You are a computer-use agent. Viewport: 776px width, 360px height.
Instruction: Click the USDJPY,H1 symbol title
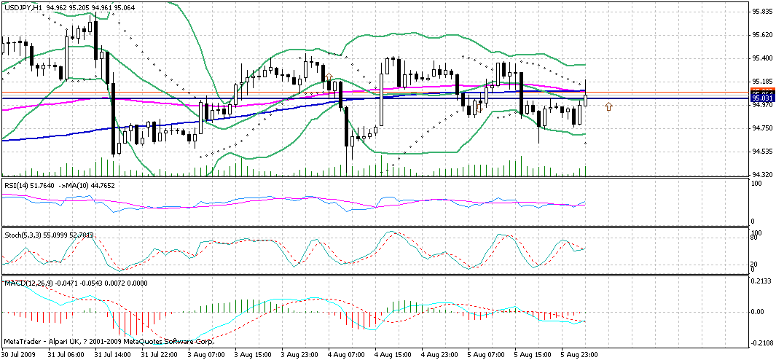tap(23, 7)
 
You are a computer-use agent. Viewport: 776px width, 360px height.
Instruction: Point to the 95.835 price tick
tap(762, 12)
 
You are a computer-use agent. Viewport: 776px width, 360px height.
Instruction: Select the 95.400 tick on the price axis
tap(762, 58)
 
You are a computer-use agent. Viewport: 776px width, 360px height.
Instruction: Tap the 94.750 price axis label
tap(762, 128)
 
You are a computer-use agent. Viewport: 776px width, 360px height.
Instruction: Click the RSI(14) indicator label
tap(19, 187)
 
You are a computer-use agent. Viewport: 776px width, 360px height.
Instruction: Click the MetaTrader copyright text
tap(109, 341)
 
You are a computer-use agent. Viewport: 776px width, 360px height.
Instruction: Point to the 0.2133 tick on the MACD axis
tap(762, 281)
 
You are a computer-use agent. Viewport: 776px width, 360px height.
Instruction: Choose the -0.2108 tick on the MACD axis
tap(762, 343)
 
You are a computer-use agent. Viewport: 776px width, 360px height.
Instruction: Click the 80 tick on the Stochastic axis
tap(756, 238)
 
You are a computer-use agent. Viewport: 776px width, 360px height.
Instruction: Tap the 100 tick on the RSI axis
tap(757, 184)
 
